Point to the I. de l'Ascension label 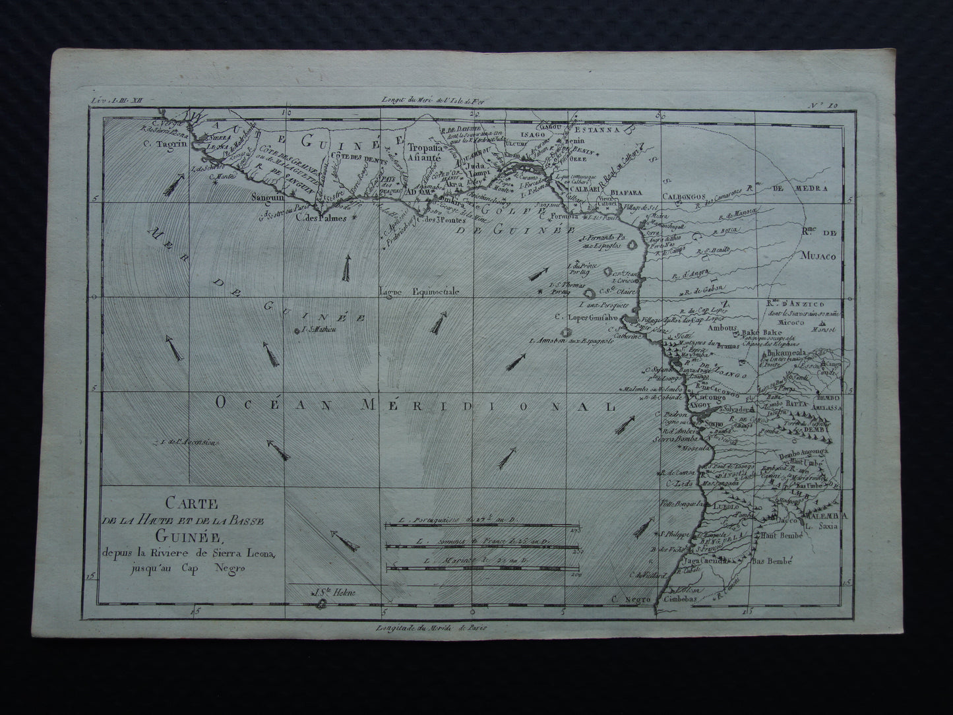pos(187,443)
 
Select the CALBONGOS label pos(683,196)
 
